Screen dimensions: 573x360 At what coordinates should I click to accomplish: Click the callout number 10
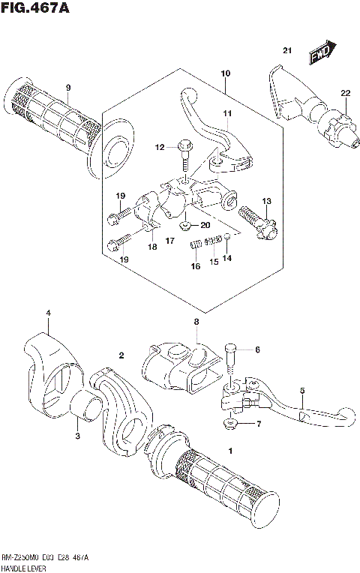tap(224, 73)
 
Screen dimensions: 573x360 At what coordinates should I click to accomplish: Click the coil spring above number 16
tap(196, 244)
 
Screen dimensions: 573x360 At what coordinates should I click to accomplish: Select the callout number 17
tap(170, 241)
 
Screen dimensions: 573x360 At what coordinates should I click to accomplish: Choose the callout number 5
tap(302, 391)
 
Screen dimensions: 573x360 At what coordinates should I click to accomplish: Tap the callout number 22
tap(345, 93)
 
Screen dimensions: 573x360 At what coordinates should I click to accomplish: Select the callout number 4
tap(47, 313)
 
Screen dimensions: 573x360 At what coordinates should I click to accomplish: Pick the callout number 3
tap(76, 434)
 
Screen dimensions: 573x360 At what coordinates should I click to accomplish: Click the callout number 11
tap(227, 113)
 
